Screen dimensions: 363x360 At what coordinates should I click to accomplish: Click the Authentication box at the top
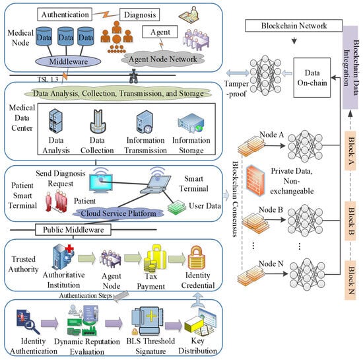pos(65,15)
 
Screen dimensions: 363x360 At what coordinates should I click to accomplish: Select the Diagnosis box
pos(140,15)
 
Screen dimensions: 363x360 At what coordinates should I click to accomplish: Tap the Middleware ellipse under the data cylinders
pos(68,61)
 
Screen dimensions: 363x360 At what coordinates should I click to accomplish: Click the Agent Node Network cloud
pos(163,59)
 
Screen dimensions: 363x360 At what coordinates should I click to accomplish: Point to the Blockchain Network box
pos(294,26)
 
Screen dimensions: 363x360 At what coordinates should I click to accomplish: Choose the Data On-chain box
pos(312,77)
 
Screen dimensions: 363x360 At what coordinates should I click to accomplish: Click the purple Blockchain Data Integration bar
pos(350,67)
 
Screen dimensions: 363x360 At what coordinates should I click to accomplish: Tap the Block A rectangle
pos(350,151)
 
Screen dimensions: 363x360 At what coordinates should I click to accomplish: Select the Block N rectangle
pos(350,280)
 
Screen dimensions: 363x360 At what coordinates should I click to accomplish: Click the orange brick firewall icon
pos(255,180)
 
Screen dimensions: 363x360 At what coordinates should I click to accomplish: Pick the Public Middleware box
pos(73,230)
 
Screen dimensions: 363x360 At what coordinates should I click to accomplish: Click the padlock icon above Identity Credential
pos(196,258)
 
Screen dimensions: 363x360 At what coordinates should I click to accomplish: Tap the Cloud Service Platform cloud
pos(118,213)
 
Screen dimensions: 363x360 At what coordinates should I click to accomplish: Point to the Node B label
pos(271,209)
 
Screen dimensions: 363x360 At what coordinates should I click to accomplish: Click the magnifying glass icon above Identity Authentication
pos(28,322)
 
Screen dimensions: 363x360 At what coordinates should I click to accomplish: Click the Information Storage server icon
pos(191,123)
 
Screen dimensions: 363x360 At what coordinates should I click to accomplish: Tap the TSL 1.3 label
pos(48,79)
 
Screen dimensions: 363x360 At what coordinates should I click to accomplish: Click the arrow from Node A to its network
pos(275,145)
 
